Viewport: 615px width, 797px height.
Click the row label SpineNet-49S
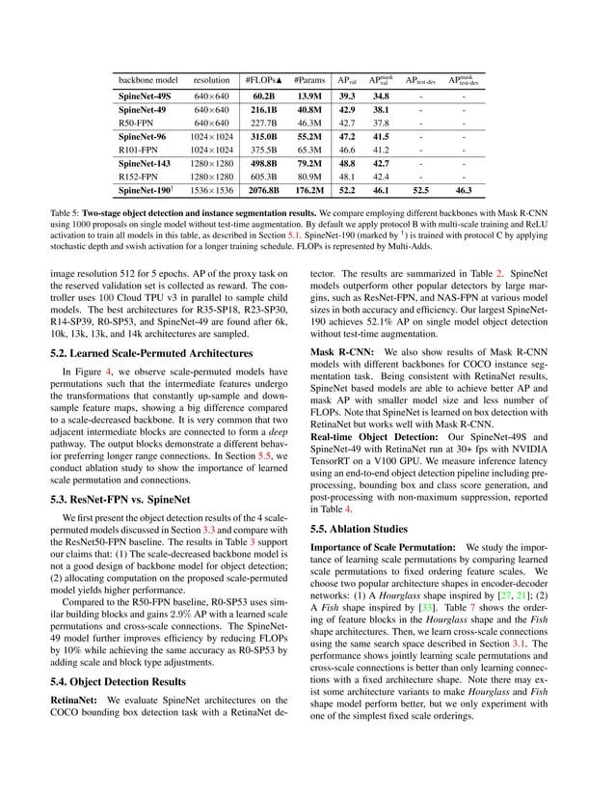[145, 96]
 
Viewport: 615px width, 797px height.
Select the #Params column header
[308, 80]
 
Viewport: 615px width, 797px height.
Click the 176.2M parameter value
[308, 191]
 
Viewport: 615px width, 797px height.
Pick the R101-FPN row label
[137, 151]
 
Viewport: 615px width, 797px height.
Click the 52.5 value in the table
[420, 191]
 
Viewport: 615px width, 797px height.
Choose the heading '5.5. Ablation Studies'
[361, 529]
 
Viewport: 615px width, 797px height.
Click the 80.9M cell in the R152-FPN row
[308, 178]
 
